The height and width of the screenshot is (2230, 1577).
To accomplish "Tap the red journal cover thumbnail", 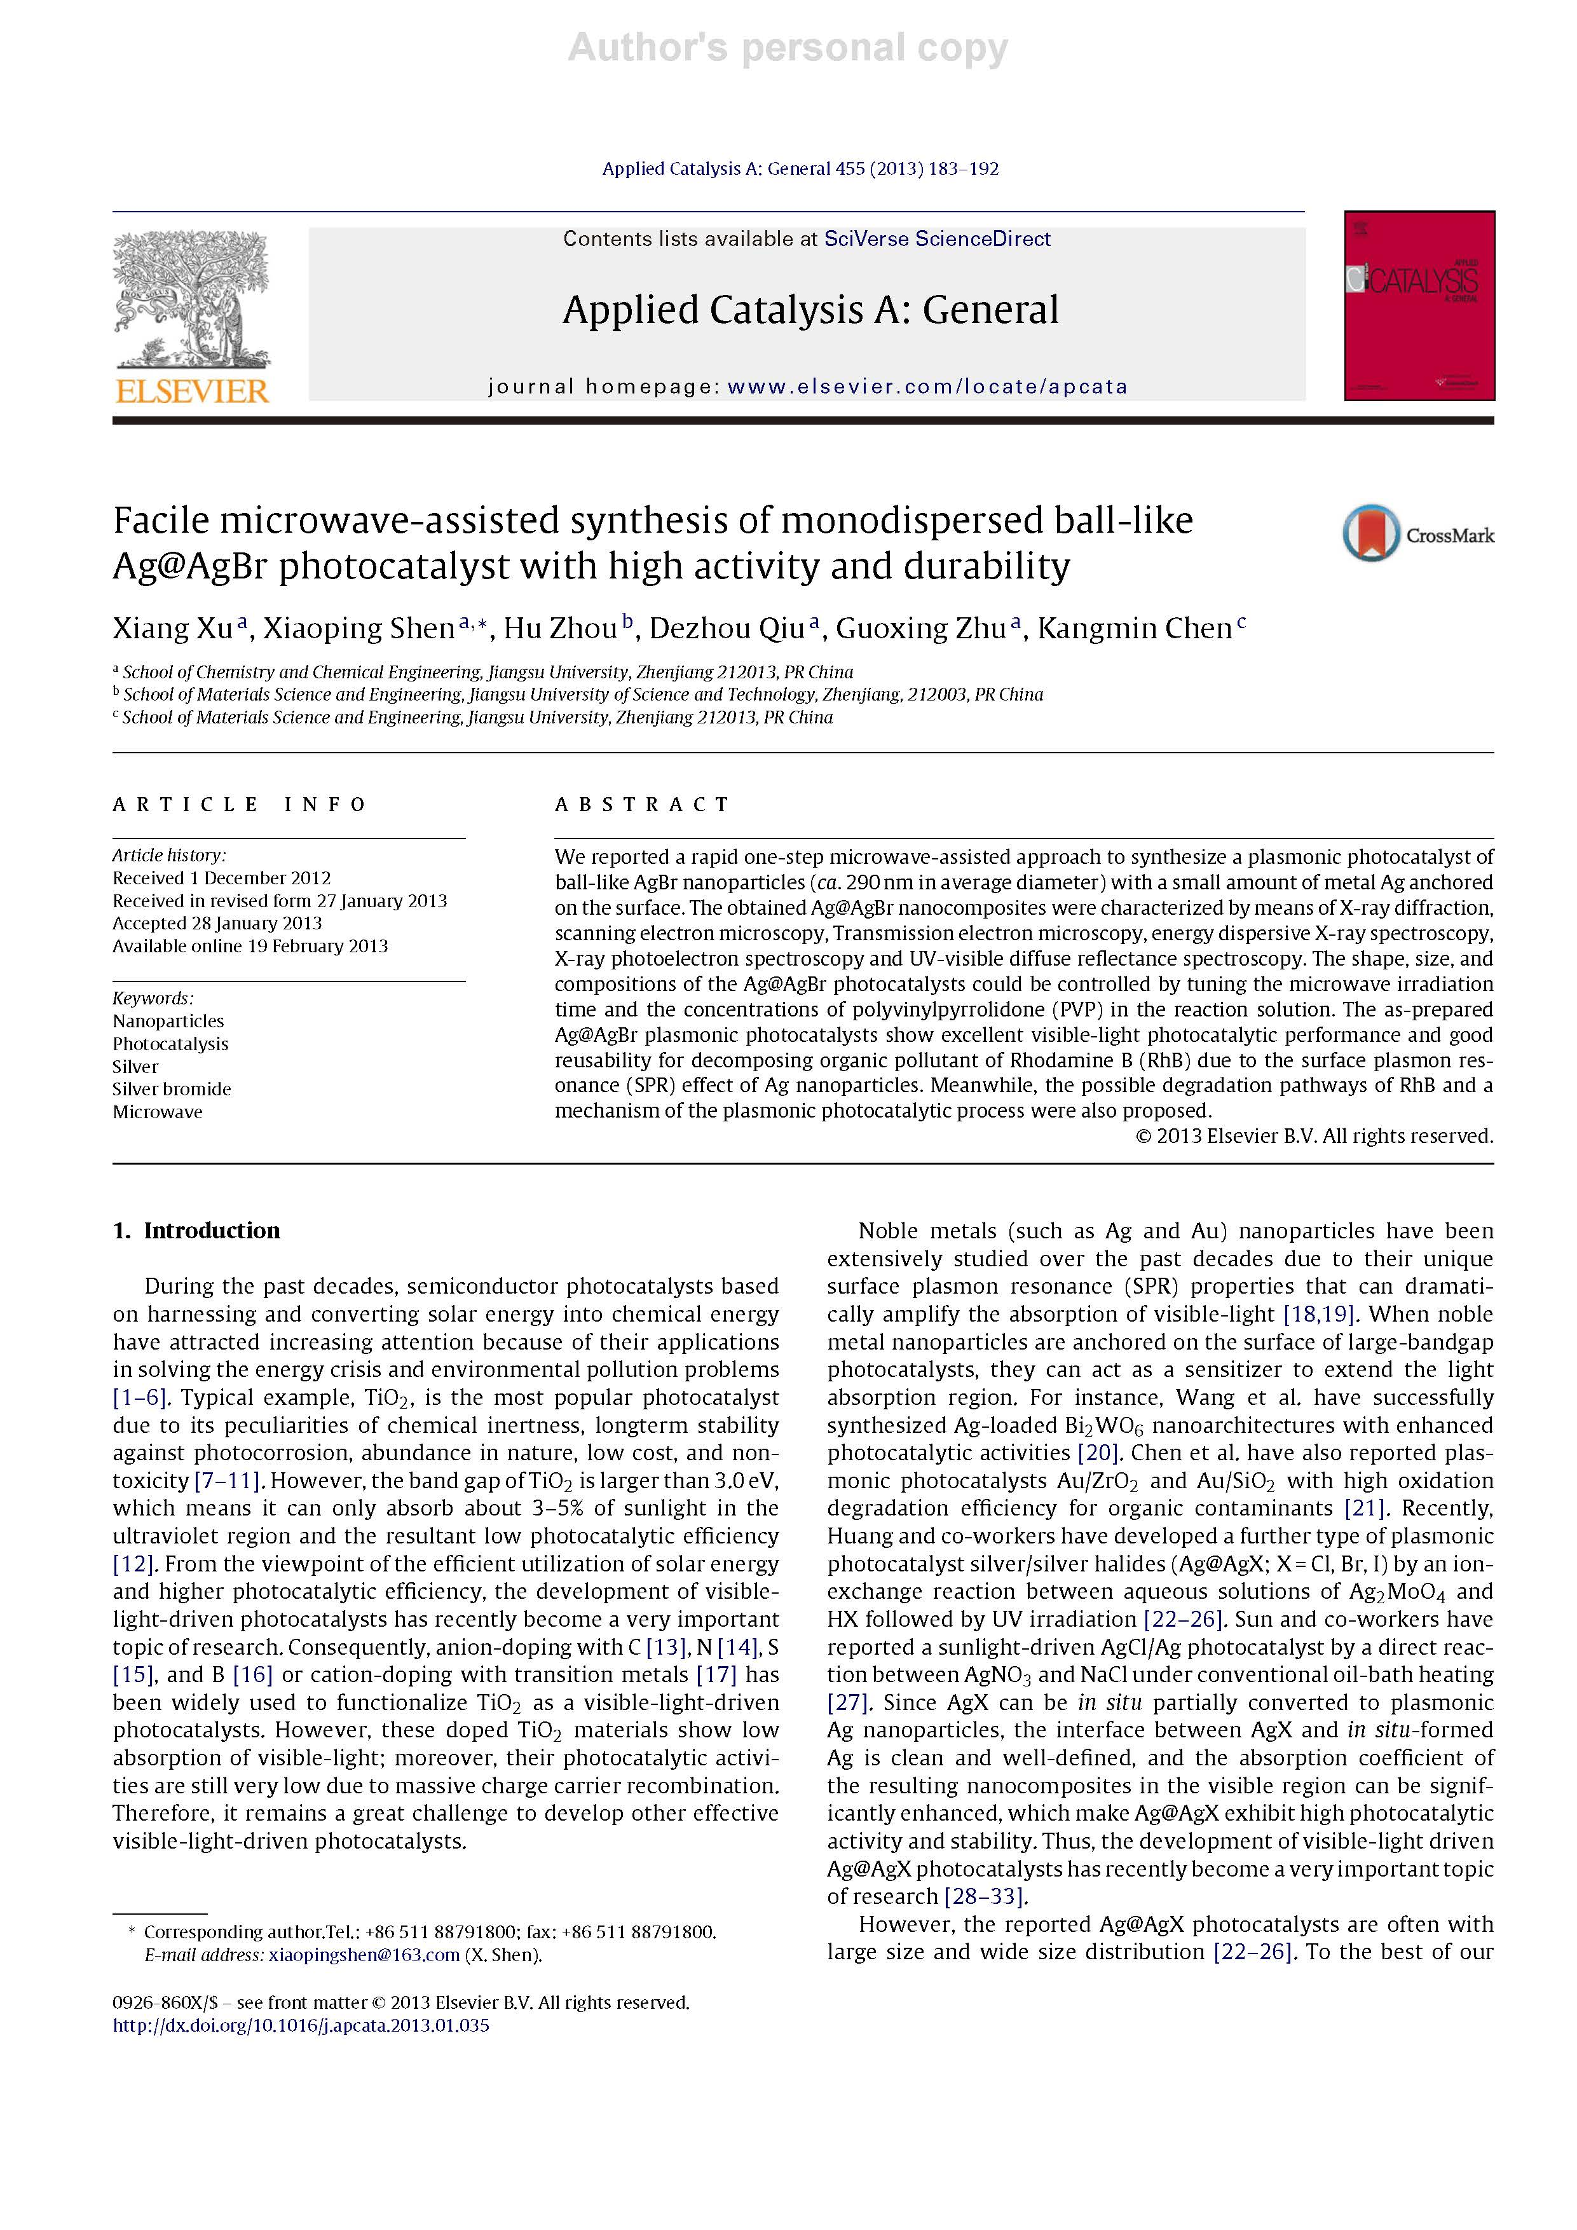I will tap(1419, 305).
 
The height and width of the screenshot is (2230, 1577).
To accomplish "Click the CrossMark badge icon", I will tap(1371, 533).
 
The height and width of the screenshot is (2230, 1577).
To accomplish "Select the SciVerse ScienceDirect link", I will tap(937, 239).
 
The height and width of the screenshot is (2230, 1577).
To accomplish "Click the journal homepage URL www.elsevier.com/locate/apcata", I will tap(927, 386).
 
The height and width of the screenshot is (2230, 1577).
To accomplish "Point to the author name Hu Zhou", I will tap(560, 629).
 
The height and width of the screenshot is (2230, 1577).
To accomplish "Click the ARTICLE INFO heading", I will tap(239, 804).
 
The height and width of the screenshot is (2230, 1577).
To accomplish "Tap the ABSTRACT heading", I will tap(642, 804).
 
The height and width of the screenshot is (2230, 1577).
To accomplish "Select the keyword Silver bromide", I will tap(172, 1089).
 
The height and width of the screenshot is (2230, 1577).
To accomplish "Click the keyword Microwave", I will tap(157, 1112).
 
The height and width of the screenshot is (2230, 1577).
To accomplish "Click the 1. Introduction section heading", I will tap(196, 1231).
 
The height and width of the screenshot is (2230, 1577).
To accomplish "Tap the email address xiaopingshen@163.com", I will tap(364, 1955).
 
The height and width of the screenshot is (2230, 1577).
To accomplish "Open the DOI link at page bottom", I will tap(301, 2025).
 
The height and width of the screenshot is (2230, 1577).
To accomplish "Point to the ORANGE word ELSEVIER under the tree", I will tap(192, 392).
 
